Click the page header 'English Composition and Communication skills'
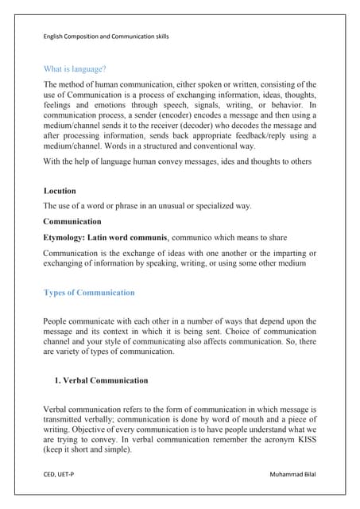(106, 37)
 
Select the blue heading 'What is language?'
(80, 69)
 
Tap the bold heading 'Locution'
(60, 191)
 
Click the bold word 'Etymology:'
(68, 237)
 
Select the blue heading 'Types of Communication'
(89, 293)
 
